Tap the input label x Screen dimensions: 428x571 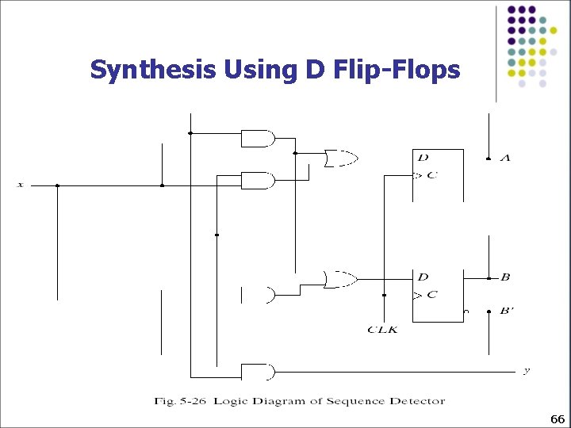point(21,185)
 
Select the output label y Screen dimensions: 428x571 point(526,370)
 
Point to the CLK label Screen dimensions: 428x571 point(382,329)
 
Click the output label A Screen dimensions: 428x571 point(505,159)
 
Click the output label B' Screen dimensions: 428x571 point(507,311)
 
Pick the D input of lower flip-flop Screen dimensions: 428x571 point(423,277)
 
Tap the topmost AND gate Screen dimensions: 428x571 point(257,139)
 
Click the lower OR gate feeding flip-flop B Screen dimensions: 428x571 point(340,278)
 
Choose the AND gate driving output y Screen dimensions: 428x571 point(257,371)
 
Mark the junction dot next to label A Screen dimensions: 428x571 point(488,159)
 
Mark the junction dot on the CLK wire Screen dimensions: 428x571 point(384,295)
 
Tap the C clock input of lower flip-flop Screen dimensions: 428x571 point(431,295)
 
